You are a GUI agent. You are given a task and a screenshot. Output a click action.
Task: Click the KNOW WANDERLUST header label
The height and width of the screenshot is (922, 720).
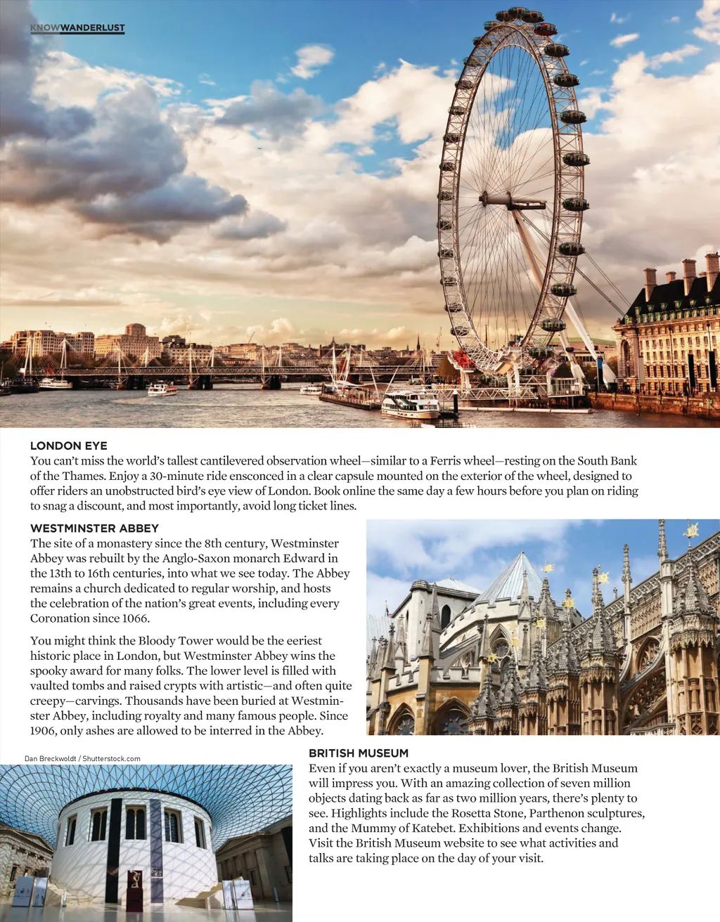pyautogui.click(x=77, y=28)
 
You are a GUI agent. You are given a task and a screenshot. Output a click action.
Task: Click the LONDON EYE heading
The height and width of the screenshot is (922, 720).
pyautogui.click(x=69, y=446)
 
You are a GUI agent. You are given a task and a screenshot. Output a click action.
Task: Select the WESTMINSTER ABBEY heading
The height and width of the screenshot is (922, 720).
pyautogui.click(x=94, y=528)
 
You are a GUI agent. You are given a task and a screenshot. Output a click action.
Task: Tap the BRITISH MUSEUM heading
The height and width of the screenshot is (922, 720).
pyautogui.click(x=359, y=753)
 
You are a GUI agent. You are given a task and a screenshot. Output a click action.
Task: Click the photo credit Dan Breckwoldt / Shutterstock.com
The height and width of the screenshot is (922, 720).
pyautogui.click(x=82, y=758)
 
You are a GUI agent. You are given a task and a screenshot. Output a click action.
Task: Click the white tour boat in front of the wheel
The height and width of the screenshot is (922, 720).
pyautogui.click(x=411, y=404)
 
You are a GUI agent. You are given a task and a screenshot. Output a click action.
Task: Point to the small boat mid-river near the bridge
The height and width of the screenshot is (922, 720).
pyautogui.click(x=162, y=389)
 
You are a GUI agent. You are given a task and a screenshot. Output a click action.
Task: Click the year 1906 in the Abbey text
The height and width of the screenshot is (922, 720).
pyautogui.click(x=45, y=731)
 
